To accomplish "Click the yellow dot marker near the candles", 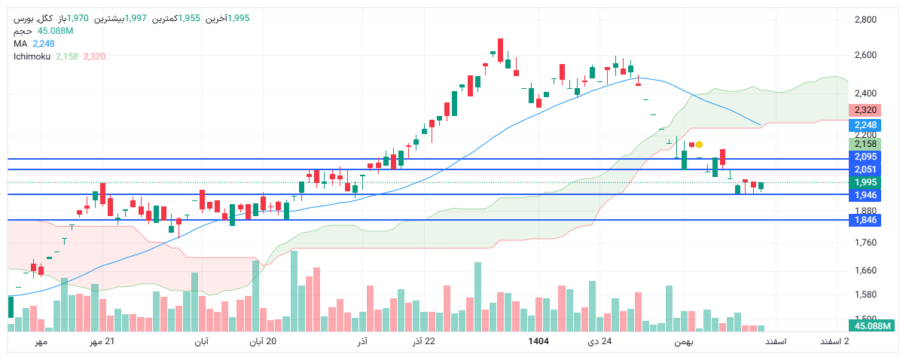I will point(699,144).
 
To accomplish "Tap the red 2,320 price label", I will point(865,110).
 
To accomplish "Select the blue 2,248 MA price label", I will point(865,125).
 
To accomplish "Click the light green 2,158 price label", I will point(865,144).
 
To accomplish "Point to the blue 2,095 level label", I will point(865,157).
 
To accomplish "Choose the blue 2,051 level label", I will point(865,169).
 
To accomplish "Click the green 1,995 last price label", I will point(865,182).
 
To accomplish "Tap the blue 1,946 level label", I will point(865,195).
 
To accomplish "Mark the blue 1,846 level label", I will point(865,220).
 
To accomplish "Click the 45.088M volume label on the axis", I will point(872,325).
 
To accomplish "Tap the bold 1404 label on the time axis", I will point(538,342).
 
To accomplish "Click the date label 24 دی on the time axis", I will point(599,342).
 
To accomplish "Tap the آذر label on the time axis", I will point(361,342).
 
